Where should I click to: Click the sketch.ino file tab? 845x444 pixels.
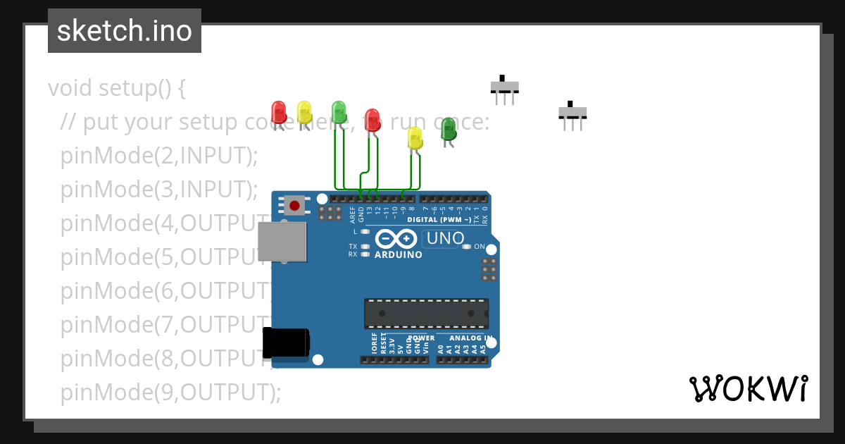[125, 31]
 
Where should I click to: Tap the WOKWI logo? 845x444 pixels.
[749, 389]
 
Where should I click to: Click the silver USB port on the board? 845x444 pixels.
[282, 242]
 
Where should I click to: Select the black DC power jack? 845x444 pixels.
[286, 343]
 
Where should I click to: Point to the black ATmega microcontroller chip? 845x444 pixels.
[426, 313]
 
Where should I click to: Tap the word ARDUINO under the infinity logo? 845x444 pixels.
[399, 254]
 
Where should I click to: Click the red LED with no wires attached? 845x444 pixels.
[279, 112]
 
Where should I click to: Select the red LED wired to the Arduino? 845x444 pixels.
[373, 119]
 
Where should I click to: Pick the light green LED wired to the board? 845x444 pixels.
[339, 111]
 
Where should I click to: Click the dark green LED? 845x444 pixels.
[449, 129]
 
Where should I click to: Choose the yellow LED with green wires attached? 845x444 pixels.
[415, 137]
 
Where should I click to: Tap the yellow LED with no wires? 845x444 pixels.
[304, 112]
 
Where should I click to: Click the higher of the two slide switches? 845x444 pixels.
[504, 87]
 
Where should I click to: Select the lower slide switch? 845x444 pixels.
[572, 112]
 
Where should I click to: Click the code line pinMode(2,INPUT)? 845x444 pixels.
[159, 156]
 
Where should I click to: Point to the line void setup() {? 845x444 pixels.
[117, 88]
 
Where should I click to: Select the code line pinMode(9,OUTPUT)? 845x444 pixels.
[170, 392]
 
